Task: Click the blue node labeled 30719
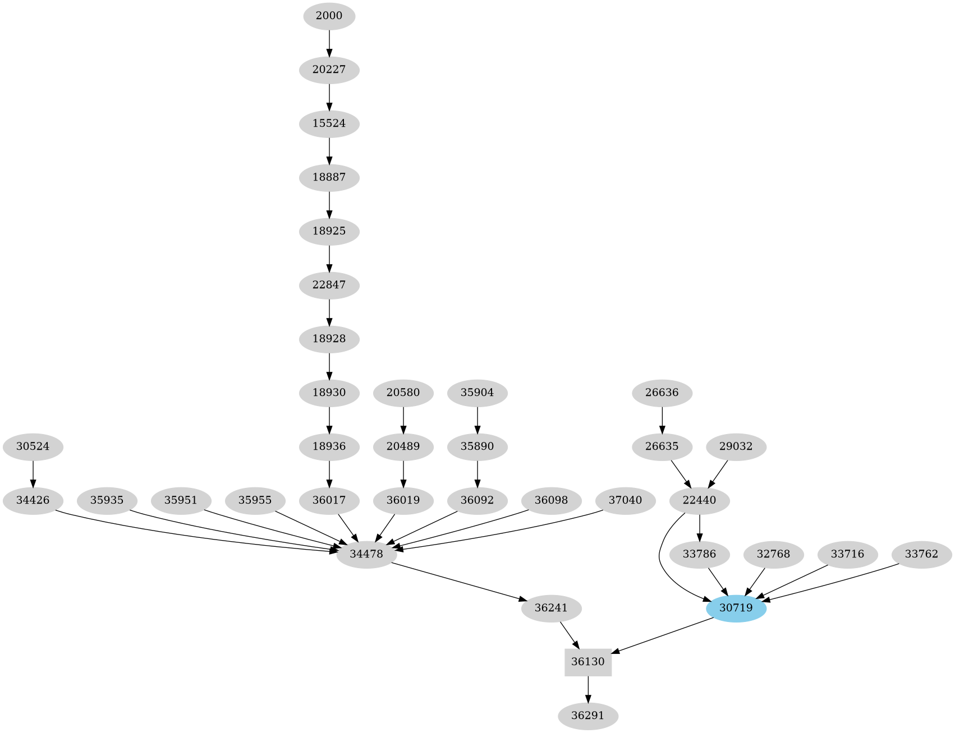(736, 608)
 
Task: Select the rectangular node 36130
(587, 662)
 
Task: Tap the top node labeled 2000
(329, 16)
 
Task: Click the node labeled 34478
(366, 554)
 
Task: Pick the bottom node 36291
(587, 716)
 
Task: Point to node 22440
(699, 500)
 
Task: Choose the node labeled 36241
(551, 608)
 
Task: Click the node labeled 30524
(33, 447)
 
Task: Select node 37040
(625, 500)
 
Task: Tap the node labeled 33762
(921, 554)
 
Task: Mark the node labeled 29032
(736, 447)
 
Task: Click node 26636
(662, 393)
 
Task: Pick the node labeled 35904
(477, 393)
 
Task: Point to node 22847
(329, 285)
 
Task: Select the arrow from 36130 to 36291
(587, 689)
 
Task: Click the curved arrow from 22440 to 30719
(661, 561)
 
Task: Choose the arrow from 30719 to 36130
(662, 635)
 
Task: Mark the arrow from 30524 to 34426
(33, 473)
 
